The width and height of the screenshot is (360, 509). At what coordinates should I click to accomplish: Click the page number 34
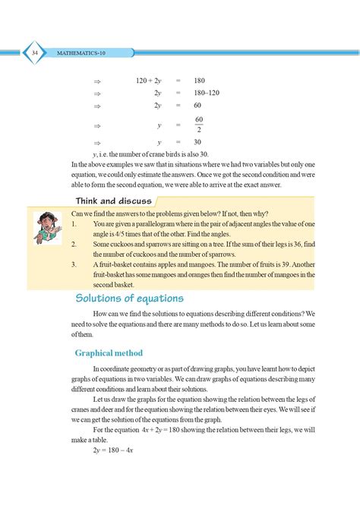click(36, 52)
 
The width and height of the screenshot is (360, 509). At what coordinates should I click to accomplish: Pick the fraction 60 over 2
click(199, 125)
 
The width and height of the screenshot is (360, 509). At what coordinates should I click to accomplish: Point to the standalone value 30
click(197, 142)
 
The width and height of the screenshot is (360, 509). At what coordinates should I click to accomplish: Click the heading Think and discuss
click(114, 201)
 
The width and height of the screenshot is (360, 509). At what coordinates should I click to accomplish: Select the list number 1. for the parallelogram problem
click(72, 225)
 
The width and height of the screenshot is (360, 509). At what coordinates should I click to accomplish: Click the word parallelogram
click(169, 225)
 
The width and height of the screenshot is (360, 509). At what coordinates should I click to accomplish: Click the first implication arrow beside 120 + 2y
click(96, 81)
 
